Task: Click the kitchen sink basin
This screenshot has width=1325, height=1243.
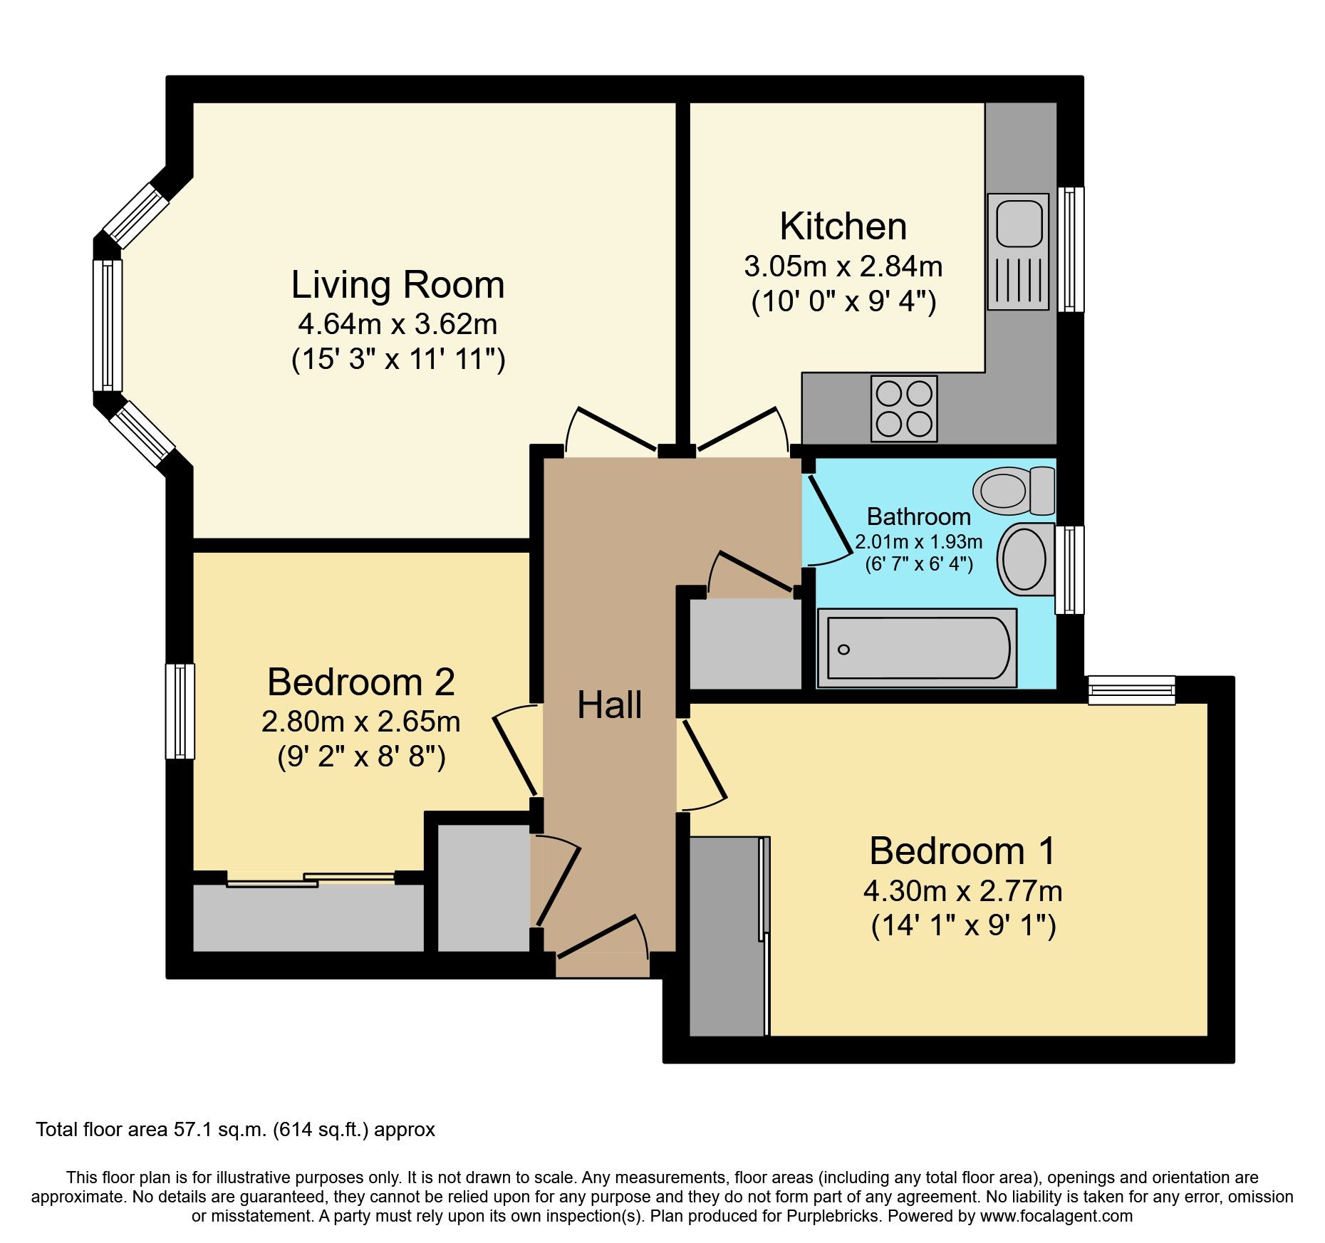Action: click(1019, 222)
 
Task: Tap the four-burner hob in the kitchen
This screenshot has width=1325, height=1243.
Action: click(904, 409)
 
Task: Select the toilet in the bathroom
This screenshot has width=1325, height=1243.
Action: click(1013, 490)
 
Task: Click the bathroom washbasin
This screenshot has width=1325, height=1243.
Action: click(1025, 560)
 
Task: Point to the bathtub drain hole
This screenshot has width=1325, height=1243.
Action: click(844, 649)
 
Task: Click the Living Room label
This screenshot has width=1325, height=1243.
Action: click(397, 285)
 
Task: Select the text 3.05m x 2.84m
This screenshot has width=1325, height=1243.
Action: click(843, 266)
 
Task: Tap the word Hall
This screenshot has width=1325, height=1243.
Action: click(609, 705)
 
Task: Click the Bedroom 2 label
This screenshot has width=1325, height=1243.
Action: click(361, 682)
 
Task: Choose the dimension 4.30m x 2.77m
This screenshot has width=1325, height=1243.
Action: click(962, 891)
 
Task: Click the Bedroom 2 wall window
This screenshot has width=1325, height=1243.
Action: click(180, 711)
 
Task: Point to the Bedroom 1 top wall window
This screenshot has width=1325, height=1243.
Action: click(1131, 690)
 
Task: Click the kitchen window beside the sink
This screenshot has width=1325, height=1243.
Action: click(1070, 249)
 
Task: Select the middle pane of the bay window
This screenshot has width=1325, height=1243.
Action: click(108, 325)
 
